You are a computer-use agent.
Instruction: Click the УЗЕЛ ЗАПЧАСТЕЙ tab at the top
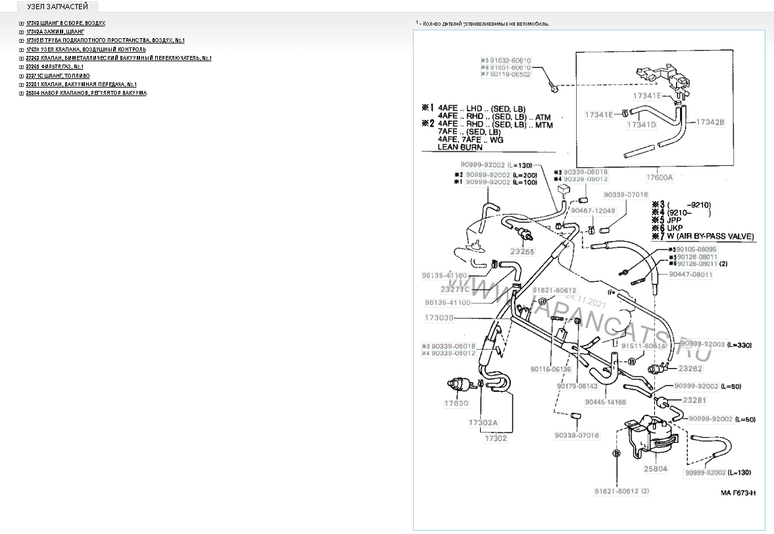tap(57, 7)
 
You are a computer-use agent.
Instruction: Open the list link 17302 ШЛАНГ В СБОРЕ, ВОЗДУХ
tap(66, 23)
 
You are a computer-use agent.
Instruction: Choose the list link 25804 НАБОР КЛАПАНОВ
tap(86, 93)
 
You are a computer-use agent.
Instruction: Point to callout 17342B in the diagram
tap(710, 122)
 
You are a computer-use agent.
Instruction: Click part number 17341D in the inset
tap(641, 124)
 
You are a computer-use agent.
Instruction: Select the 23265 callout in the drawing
tap(523, 250)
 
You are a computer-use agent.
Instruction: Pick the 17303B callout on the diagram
tap(438, 317)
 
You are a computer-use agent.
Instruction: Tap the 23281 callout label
tap(694, 400)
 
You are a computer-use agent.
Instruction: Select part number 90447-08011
tap(690, 274)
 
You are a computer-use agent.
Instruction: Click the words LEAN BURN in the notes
tap(460, 147)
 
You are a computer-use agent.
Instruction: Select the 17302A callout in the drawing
tap(483, 422)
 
